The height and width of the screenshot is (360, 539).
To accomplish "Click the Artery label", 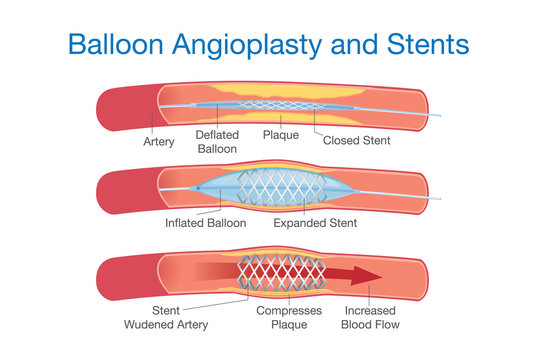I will [159, 142].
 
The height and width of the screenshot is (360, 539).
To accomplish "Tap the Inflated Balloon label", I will [205, 223].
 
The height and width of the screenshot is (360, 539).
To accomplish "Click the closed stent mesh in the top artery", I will [276, 106].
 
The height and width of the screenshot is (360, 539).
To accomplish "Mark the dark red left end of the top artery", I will [118, 107].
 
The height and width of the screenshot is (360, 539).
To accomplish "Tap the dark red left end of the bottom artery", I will [118, 272].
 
